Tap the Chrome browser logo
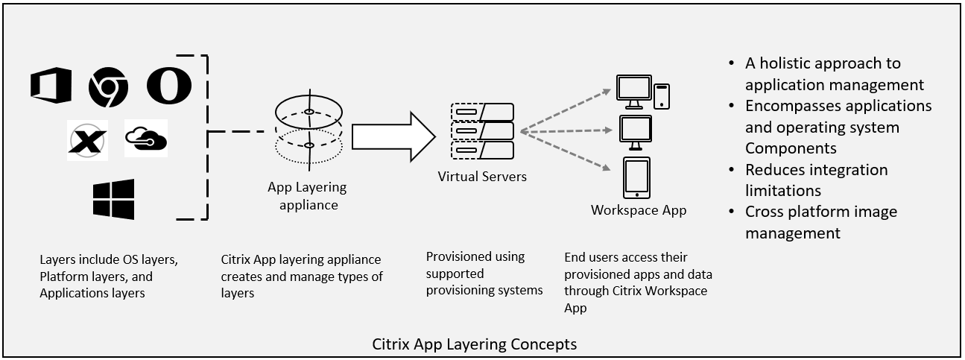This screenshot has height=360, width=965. (108, 86)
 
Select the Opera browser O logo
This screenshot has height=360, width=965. (169, 86)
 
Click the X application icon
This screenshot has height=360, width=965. (87, 140)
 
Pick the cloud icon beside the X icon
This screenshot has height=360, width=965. (146, 138)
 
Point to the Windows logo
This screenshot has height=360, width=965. (113, 199)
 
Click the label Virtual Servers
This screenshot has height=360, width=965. (482, 177)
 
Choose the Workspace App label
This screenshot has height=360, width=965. (639, 210)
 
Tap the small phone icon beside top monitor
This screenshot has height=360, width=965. (661, 95)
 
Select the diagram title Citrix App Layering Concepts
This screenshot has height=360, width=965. (474, 344)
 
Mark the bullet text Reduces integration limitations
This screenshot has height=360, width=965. (816, 180)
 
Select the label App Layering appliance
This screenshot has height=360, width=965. (307, 196)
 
